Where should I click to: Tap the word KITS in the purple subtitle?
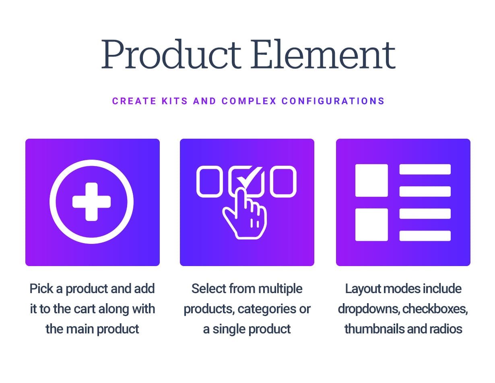click(175, 101)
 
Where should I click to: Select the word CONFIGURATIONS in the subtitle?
click(333, 101)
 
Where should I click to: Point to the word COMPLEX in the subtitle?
click(249, 101)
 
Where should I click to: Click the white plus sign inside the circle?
click(92, 202)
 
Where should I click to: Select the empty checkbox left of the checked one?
click(209, 181)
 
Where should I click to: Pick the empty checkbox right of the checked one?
click(283, 181)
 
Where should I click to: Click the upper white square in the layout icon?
click(371, 180)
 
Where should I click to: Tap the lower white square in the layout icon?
click(371, 225)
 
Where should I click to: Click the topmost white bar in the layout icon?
click(425, 169)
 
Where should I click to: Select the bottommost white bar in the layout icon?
click(425, 235)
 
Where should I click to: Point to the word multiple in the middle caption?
click(280, 289)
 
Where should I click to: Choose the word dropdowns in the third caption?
click(369, 309)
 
